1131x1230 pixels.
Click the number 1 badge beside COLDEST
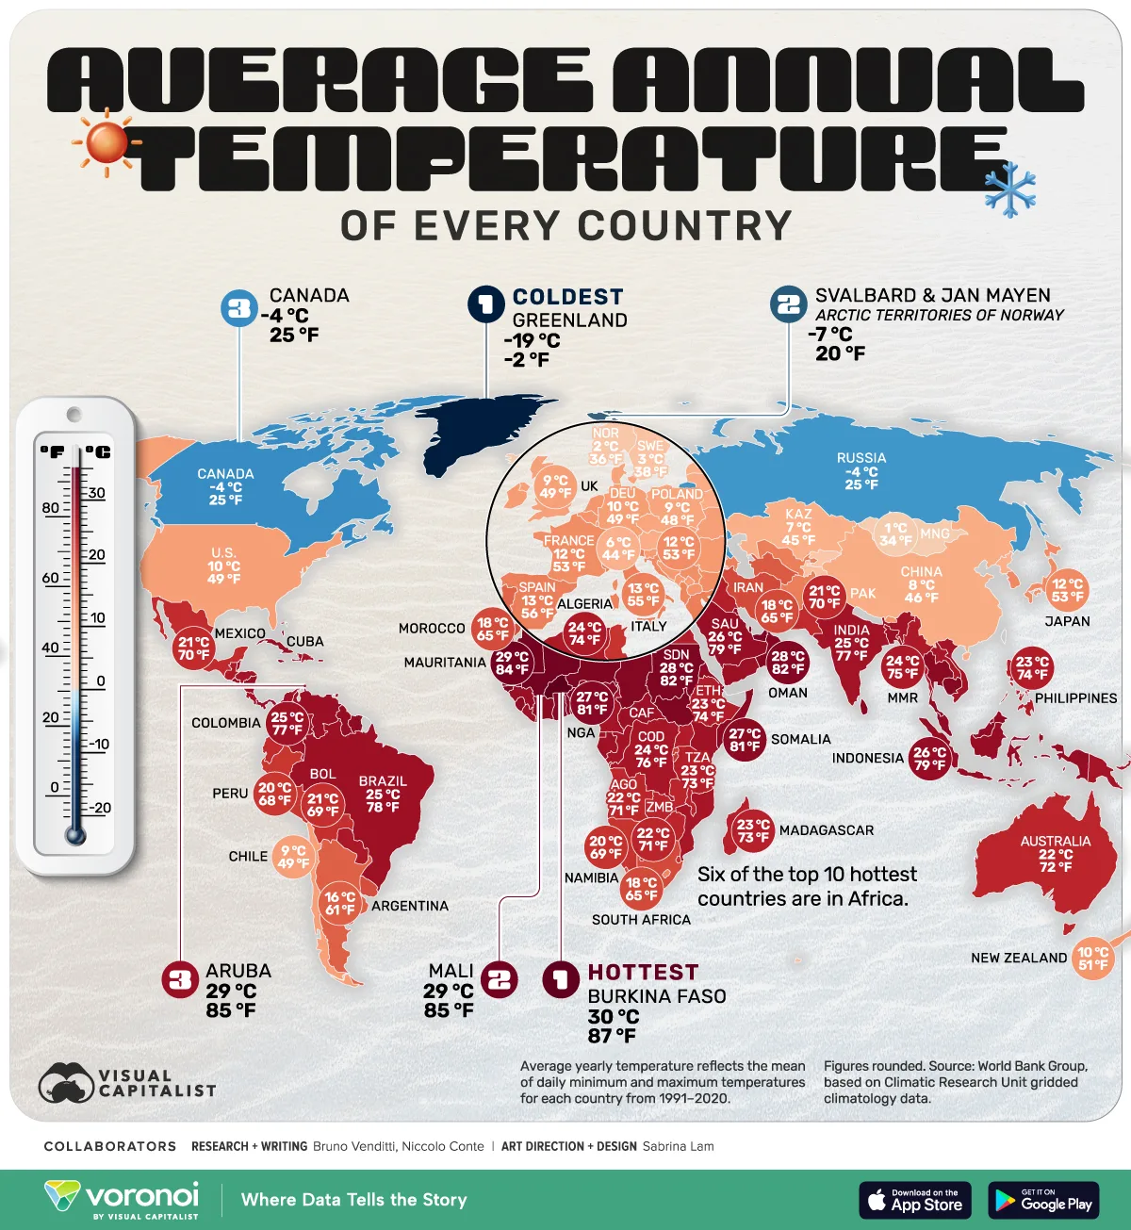486,304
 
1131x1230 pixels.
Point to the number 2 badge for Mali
500,980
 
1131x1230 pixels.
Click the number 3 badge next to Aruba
179,980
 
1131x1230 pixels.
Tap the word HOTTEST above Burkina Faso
643,972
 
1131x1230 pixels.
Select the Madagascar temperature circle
752,830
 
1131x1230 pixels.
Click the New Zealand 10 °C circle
1092,959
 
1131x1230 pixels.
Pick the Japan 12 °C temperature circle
1067,590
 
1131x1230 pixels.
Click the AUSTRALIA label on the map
1055,841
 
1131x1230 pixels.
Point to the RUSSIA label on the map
861,458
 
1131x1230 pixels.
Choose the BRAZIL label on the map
383,781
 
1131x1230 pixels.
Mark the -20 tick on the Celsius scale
98,808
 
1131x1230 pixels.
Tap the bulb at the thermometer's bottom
75,834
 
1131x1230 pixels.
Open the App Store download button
915,1200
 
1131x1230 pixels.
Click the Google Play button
1043,1200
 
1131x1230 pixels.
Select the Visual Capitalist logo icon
66,1084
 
